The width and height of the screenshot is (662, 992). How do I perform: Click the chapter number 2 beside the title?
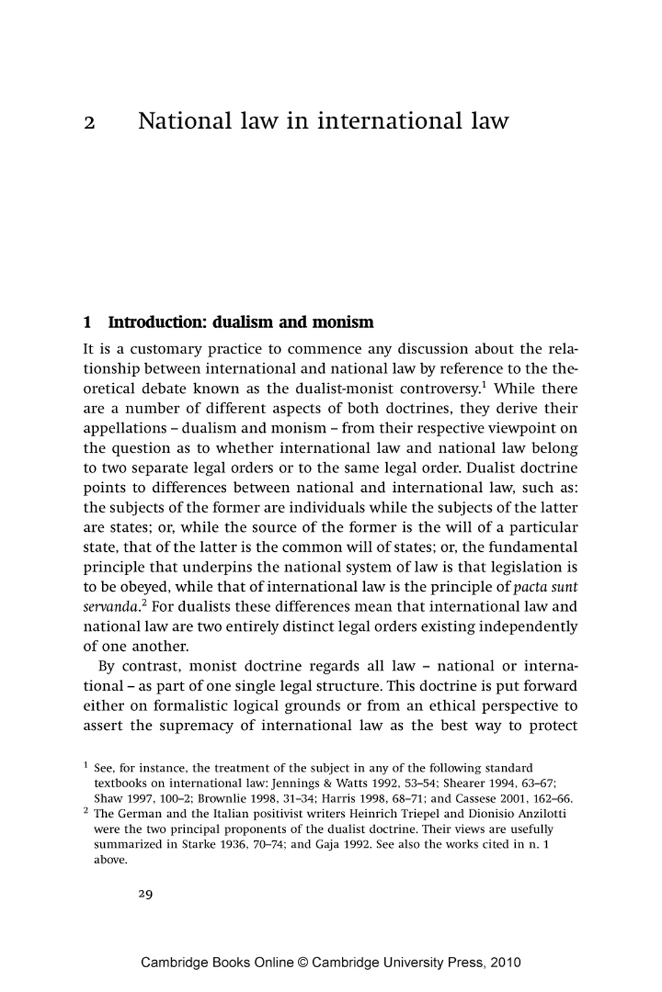pos(89,123)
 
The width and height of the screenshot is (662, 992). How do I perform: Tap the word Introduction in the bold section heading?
pos(154,322)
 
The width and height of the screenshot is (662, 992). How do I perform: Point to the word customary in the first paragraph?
pos(165,349)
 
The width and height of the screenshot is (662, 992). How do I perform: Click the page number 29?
pos(146,894)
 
